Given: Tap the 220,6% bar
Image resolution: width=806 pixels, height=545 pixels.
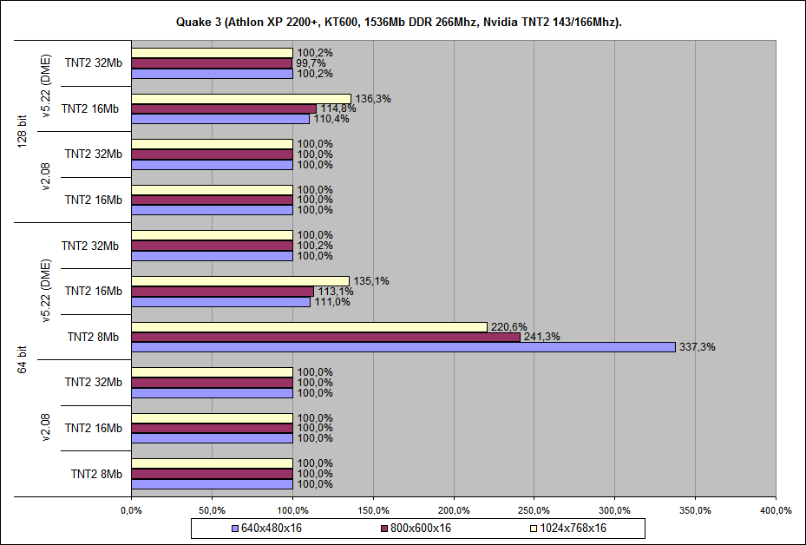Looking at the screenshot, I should click(x=309, y=326).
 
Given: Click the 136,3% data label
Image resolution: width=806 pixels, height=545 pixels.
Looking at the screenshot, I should click(x=373, y=98).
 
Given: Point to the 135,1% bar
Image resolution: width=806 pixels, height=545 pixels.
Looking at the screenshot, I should click(x=240, y=280).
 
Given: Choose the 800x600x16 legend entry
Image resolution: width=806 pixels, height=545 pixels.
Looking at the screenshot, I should click(x=416, y=528).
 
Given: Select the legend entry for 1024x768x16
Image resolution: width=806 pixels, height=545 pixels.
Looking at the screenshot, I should click(x=567, y=528).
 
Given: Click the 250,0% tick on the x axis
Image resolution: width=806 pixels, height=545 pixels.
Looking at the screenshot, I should click(x=534, y=509).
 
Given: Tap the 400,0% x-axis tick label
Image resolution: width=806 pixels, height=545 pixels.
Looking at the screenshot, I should click(x=776, y=509).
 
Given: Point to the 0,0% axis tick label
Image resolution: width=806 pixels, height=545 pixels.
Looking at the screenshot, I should click(x=131, y=509).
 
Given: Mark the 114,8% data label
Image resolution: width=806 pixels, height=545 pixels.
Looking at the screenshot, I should click(x=335, y=108).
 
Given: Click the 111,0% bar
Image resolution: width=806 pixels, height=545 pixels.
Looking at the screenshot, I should click(x=220, y=302).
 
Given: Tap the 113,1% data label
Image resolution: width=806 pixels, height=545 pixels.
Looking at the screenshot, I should click(x=332, y=292).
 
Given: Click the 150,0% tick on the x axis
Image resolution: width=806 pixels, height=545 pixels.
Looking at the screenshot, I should click(x=373, y=509).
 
